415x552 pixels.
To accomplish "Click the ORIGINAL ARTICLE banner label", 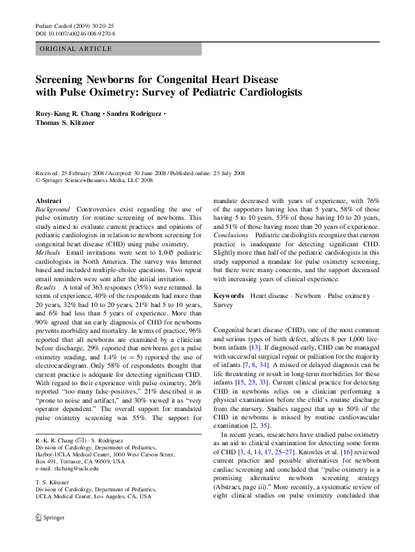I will [x=75, y=49].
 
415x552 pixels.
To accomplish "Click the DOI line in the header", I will [x=75, y=33].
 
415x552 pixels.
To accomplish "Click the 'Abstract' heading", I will [x=48, y=200].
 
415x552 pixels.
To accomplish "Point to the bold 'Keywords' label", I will [x=228, y=296].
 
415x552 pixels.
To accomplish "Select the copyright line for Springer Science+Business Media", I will [x=94, y=180].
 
